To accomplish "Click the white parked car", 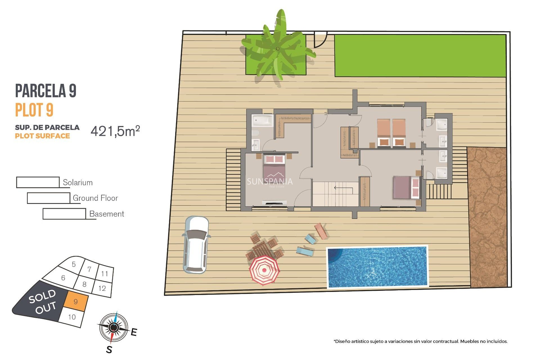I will click(x=196, y=245).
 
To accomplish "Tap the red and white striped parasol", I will click(x=264, y=270).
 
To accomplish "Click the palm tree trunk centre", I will click(x=278, y=49).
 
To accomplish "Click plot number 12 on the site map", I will click(x=102, y=288).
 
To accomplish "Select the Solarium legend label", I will click(x=78, y=183).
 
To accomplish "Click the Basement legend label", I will click(x=107, y=214).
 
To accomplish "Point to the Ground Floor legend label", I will click(x=95, y=198).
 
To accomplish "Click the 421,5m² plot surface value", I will click(x=115, y=131).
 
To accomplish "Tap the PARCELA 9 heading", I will click(x=46, y=91).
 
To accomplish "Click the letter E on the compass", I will click(x=134, y=332).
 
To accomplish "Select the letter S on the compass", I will click(x=109, y=350).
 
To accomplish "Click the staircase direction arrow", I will click(x=343, y=188).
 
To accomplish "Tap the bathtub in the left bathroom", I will click(x=262, y=120).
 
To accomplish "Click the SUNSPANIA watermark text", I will click(x=269, y=182).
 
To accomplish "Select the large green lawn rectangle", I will click(x=420, y=55).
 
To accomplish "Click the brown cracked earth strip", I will click(x=487, y=217).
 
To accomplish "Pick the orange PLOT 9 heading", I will click(x=34, y=110).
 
